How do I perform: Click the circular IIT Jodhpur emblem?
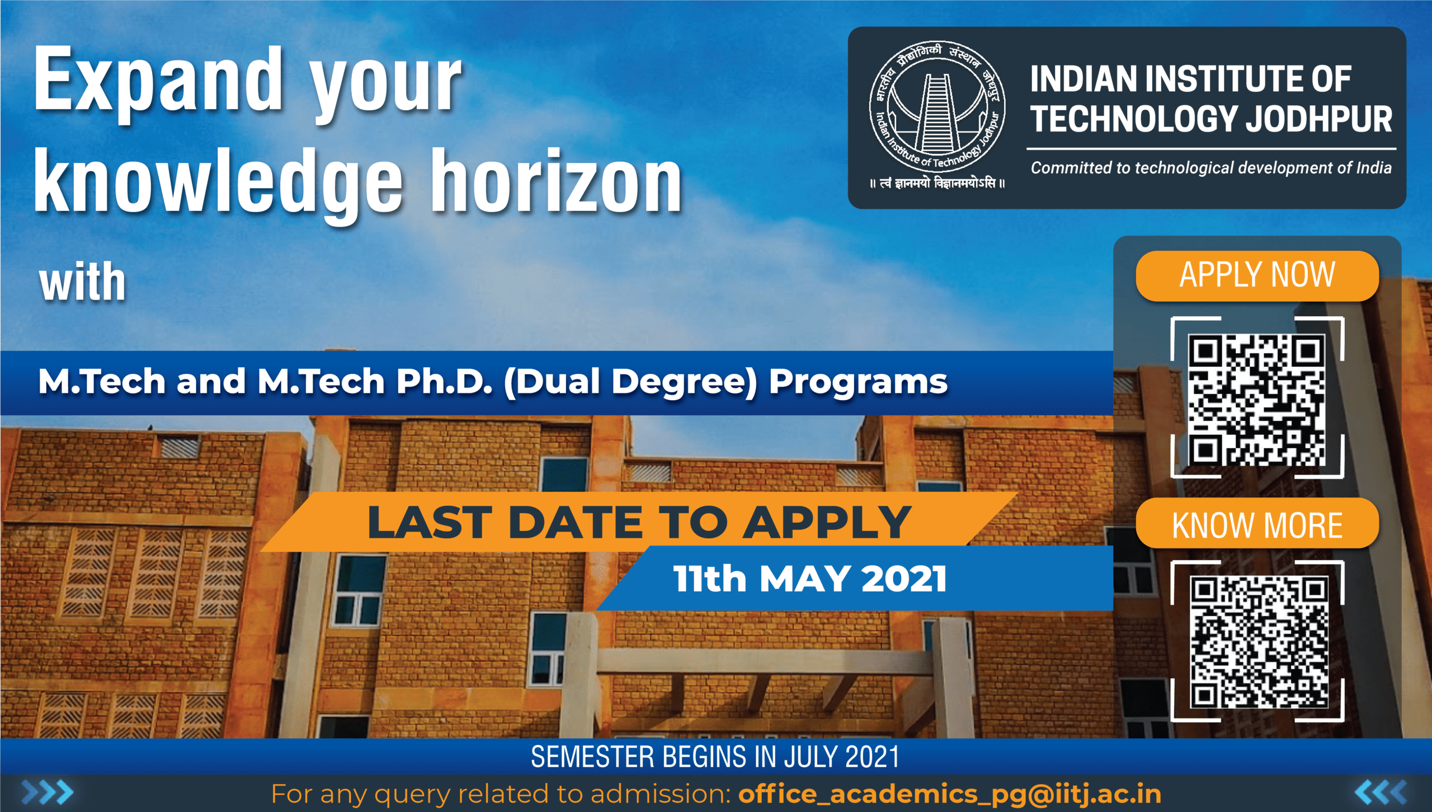tap(938, 107)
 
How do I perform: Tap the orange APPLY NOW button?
tap(1257, 276)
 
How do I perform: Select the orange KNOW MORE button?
tap(1257, 524)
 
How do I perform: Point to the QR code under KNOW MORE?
tap(1259, 642)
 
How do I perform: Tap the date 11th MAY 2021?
tap(810, 579)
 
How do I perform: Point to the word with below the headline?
tap(83, 281)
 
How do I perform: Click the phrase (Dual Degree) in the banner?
tap(630, 383)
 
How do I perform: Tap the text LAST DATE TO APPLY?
tap(639, 522)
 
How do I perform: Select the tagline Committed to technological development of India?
tap(1211, 168)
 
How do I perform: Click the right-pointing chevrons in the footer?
tap(48, 792)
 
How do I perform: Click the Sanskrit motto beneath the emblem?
tap(938, 183)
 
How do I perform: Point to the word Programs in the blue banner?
tap(858, 383)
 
